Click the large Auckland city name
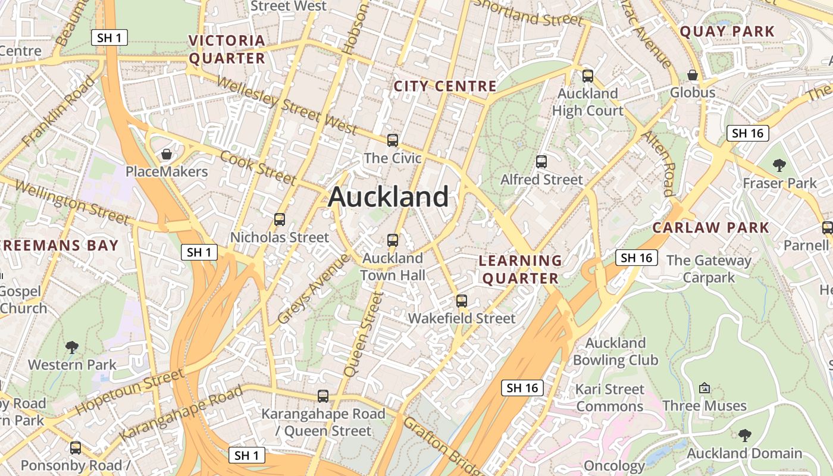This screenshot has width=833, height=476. click(x=388, y=197)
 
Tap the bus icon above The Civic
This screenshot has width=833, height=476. click(x=393, y=140)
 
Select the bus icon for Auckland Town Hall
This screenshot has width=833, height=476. click(x=393, y=240)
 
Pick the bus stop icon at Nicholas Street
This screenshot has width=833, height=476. click(x=280, y=219)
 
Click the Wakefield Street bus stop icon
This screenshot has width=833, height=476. click(x=462, y=301)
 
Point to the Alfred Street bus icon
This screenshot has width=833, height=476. click(x=541, y=162)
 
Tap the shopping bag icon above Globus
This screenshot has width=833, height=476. click(x=693, y=75)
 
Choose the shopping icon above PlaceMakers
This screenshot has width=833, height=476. click(x=167, y=154)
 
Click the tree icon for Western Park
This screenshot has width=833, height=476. click(x=72, y=346)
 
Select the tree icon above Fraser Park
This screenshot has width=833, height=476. click(x=779, y=165)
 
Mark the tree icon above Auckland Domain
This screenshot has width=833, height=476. click(x=744, y=436)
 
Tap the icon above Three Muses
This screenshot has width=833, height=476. click(x=704, y=388)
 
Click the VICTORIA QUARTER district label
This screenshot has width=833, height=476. click(x=227, y=49)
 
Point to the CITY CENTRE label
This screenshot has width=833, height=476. click(x=445, y=86)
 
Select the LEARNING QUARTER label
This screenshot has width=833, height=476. click(x=520, y=270)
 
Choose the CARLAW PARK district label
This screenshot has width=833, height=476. click(x=711, y=227)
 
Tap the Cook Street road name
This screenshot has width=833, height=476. click(x=258, y=167)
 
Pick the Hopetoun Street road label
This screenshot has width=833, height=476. click(x=130, y=392)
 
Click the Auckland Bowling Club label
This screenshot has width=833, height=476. click(x=615, y=352)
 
